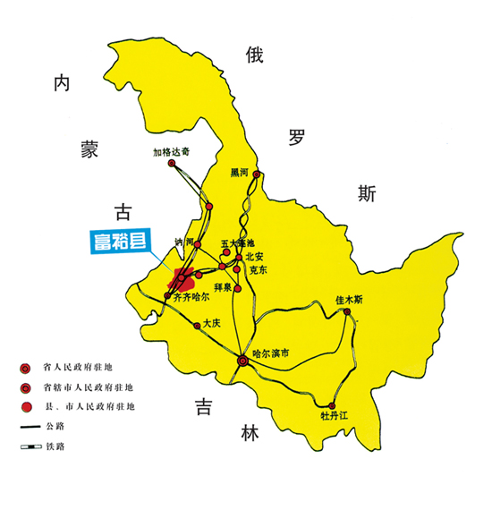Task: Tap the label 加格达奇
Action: tap(171, 151)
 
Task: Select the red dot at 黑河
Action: tap(257, 174)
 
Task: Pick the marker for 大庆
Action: tap(197, 327)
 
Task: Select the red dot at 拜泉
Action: tap(237, 288)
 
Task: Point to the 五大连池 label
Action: tap(237, 242)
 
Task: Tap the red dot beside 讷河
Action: tap(199, 244)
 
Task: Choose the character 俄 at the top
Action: tap(255, 55)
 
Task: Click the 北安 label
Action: tap(253, 256)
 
